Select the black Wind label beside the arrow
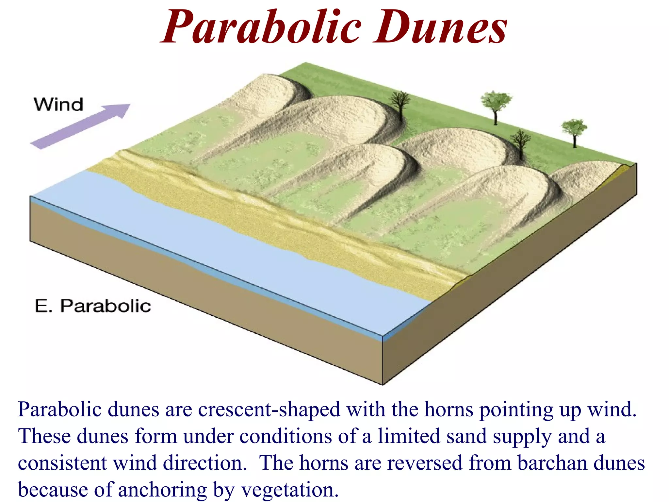58,105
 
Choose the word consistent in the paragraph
62,463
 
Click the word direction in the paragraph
205,463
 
